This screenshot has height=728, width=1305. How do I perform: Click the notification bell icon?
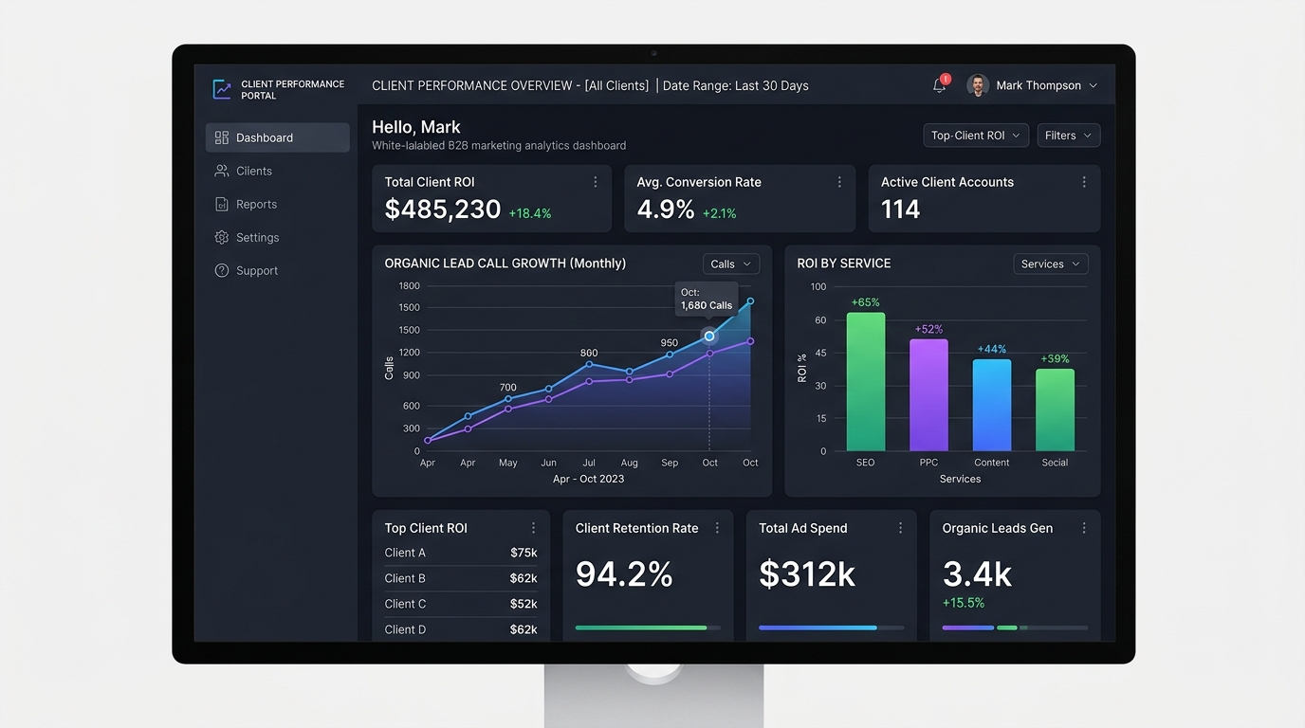pyautogui.click(x=939, y=85)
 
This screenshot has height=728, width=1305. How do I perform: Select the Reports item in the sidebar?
pyautogui.click(x=246, y=205)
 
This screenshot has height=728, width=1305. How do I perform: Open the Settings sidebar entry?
pyautogui.click(x=247, y=238)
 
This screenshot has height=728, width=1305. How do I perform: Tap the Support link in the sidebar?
pyautogui.click(x=247, y=271)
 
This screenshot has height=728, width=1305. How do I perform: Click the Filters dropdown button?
pyautogui.click(x=1069, y=136)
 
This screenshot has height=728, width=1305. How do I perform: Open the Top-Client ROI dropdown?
pyautogui.click(x=976, y=136)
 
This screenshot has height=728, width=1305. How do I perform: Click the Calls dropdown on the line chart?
pyautogui.click(x=731, y=264)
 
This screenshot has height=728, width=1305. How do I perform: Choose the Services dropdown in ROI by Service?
pyautogui.click(x=1051, y=264)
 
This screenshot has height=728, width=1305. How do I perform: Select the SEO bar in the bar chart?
pyautogui.click(x=866, y=382)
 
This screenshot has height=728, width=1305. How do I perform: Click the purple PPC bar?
pyautogui.click(x=928, y=395)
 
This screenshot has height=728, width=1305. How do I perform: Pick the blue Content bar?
pyautogui.click(x=992, y=406)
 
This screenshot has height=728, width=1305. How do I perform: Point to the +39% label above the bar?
pyautogui.click(x=1055, y=358)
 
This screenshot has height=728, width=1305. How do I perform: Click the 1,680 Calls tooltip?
pyautogui.click(x=707, y=300)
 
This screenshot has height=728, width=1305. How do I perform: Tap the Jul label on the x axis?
pyautogui.click(x=589, y=463)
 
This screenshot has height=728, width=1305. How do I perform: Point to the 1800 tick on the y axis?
pyautogui.click(x=409, y=286)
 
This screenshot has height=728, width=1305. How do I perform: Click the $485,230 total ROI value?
pyautogui.click(x=443, y=209)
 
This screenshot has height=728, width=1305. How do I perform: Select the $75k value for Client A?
pyautogui.click(x=524, y=553)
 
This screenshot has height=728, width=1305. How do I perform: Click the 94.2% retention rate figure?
pyautogui.click(x=624, y=574)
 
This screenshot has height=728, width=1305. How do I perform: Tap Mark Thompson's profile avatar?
pyautogui.click(x=978, y=85)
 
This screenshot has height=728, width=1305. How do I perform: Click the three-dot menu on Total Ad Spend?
pyautogui.click(x=900, y=528)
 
